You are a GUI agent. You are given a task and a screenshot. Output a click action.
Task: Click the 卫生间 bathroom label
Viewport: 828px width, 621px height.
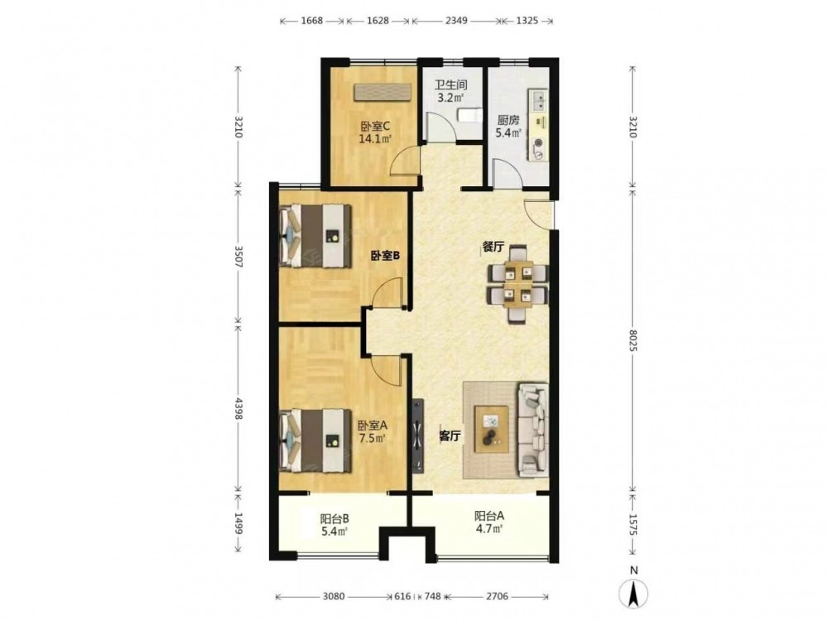tap(450, 85)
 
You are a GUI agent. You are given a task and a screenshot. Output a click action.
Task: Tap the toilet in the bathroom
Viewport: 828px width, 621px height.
tap(469, 116)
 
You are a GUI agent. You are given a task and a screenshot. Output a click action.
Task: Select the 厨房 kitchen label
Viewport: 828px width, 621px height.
tap(508, 120)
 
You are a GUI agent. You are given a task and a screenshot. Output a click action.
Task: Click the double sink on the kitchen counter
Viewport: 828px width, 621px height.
tap(540, 100)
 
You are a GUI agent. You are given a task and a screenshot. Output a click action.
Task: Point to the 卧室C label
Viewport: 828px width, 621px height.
tap(375, 127)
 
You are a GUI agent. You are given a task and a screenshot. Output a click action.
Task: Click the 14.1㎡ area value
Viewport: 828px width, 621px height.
tap(375, 139)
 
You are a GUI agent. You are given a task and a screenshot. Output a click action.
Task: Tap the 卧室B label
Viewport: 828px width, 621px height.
tap(384, 256)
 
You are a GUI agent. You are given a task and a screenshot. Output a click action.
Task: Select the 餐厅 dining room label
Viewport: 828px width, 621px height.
tap(493, 247)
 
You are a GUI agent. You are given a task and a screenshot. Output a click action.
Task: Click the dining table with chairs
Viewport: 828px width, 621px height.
tap(518, 284)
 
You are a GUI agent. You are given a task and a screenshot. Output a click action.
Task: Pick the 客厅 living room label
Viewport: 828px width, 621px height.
tap(451, 436)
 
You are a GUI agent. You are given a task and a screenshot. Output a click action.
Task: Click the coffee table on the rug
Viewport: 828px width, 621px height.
tap(492, 429)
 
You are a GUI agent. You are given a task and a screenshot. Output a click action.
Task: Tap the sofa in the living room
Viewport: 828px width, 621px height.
tap(532, 431)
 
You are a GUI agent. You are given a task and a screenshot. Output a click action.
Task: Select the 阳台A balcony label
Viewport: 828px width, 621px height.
tap(489, 516)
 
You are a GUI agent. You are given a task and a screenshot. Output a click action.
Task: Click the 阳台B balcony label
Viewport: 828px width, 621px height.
tap(335, 518)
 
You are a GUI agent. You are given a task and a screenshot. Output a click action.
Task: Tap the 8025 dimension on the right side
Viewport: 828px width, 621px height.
tap(633, 341)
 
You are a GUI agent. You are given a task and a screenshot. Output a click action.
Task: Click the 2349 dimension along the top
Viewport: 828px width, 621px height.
tap(456, 21)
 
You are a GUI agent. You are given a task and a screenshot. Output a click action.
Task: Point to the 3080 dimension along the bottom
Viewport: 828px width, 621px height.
tap(333, 596)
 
